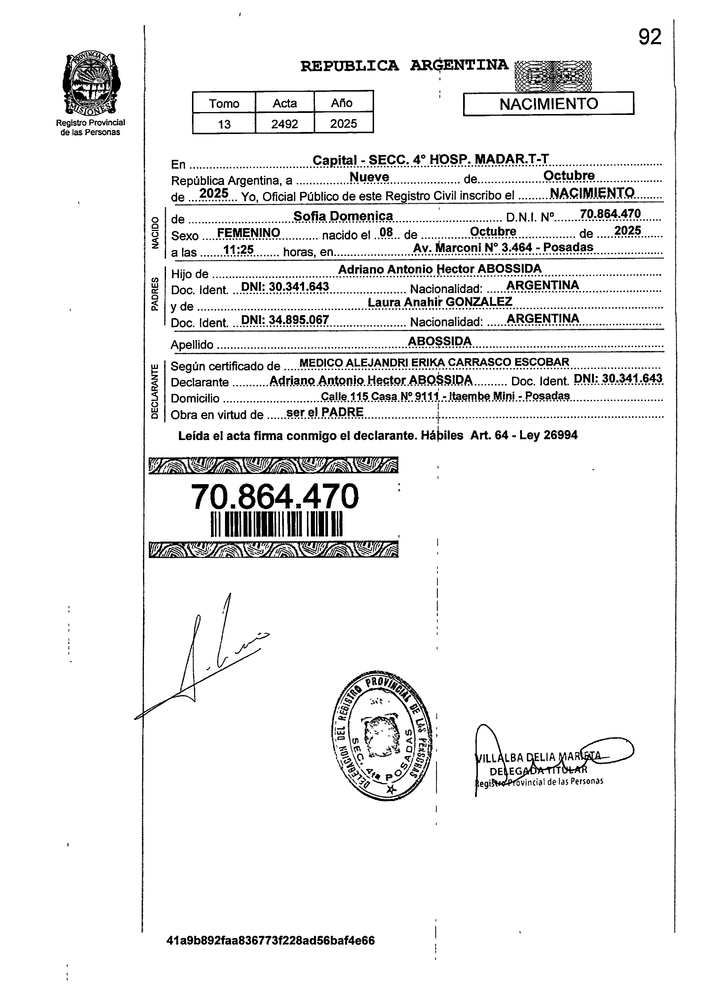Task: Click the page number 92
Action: tap(649, 37)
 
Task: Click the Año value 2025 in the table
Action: tap(343, 124)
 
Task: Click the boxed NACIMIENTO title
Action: tap(548, 104)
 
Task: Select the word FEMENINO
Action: tap(249, 233)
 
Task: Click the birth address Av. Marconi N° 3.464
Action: tap(503, 248)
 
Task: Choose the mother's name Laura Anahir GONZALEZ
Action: tap(440, 302)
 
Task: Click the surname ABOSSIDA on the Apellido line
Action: tap(440, 341)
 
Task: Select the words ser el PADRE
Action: tap(325, 412)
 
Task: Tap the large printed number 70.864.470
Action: tap(275, 497)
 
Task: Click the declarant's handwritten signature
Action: tap(206, 657)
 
